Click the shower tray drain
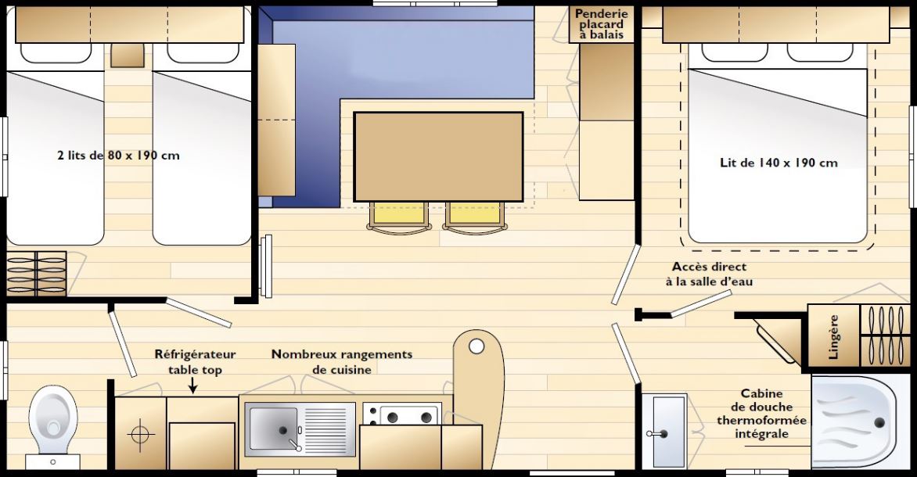879,422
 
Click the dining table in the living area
439,156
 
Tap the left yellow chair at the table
399,217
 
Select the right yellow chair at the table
474,217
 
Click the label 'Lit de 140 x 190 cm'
779,163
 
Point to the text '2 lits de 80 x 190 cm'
118,156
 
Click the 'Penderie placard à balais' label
601,24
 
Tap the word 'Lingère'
834,337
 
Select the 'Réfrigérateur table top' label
196,362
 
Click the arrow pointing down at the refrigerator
193,386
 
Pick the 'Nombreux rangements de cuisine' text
342,362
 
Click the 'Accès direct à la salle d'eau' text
709,274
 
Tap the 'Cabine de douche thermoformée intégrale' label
761,414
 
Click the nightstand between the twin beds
128,56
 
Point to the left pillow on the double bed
726,52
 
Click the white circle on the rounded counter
476,346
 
